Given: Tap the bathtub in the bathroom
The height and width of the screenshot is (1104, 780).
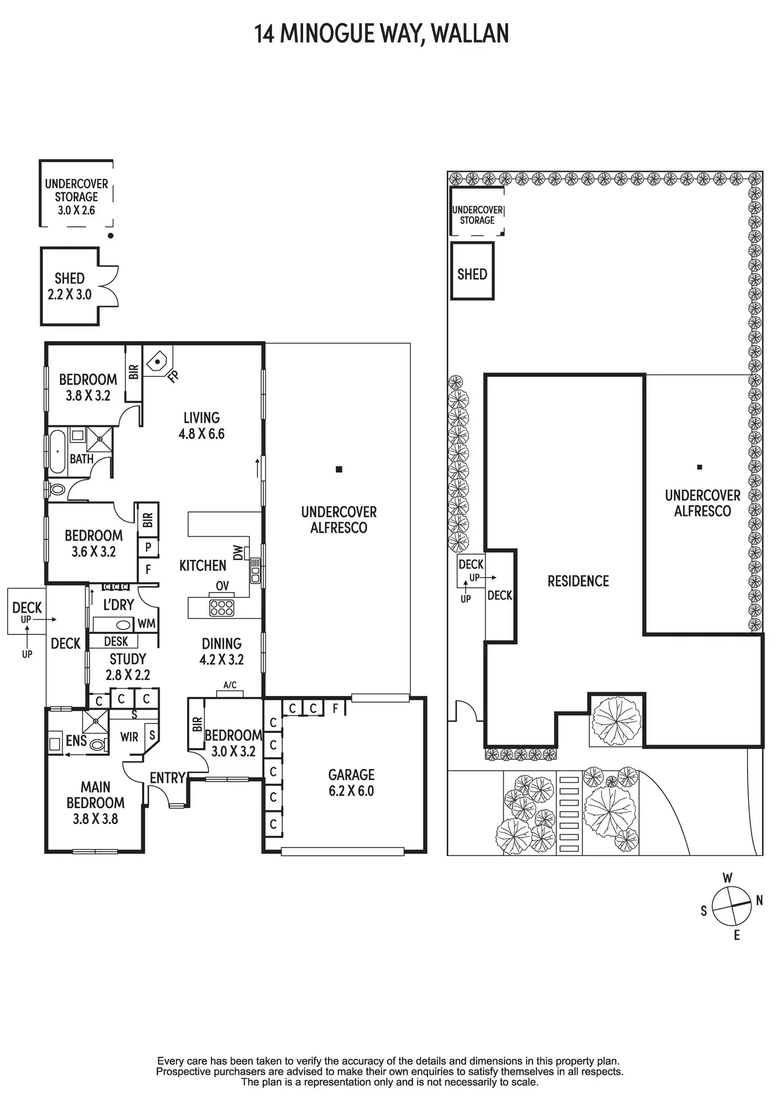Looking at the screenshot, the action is [57, 452].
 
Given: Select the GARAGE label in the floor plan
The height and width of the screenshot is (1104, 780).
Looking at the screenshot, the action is [351, 775].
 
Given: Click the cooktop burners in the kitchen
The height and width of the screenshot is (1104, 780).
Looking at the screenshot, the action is [221, 607].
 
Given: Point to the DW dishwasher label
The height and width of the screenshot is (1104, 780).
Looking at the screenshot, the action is [238, 553].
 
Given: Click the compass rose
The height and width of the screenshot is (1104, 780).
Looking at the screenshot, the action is [731, 906].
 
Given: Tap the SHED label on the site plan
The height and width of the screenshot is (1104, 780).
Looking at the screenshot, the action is [472, 274].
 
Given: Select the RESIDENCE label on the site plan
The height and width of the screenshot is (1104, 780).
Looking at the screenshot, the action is [578, 581].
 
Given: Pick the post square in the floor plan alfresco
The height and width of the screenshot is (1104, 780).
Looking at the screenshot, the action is [339, 469].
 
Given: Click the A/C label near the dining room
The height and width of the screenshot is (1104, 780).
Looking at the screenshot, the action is [230, 685].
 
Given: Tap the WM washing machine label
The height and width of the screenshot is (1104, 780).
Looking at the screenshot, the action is [146, 624].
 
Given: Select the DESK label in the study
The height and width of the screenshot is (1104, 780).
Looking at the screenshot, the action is [116, 641].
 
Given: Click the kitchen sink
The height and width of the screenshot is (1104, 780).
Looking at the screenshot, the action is [255, 570].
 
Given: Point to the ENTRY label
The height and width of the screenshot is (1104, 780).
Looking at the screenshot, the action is [167, 778].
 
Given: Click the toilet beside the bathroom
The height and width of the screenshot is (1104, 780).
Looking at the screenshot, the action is [57, 489].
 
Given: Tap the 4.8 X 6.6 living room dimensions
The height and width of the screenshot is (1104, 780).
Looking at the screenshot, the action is [201, 434].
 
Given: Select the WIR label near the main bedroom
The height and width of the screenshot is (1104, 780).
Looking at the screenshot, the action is [129, 737].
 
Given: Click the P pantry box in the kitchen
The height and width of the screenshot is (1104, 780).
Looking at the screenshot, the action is [148, 546].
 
